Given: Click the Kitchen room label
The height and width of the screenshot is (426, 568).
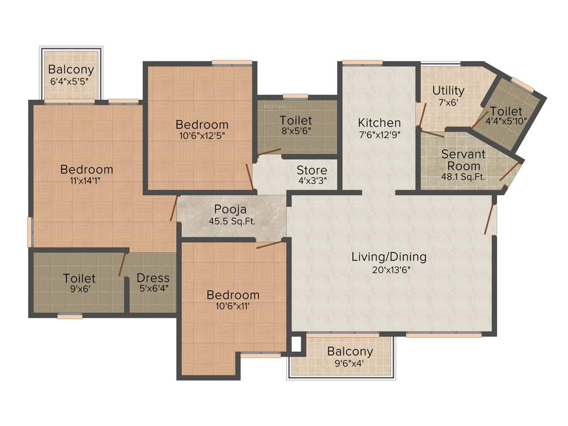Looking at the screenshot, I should point(379,123).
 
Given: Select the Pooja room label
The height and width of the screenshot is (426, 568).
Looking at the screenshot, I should point(230,210).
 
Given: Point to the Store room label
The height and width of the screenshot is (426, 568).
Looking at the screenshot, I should point(311,170).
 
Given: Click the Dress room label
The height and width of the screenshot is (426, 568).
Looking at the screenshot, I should point(153,278).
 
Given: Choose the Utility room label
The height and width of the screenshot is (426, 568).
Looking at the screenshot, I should point(448,90).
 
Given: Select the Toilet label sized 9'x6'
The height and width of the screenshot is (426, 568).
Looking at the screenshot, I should point(79,278).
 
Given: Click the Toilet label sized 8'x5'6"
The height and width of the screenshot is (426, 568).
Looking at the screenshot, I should point(296,120).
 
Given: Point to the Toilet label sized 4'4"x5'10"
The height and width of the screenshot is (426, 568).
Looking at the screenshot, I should point(506,111).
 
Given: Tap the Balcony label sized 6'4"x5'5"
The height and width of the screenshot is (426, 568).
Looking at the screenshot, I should point(70,70).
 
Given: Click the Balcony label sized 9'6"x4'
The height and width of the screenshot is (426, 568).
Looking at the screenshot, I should point(349,352).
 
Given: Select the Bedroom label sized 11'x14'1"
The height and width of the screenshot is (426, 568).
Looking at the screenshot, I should point(87,169).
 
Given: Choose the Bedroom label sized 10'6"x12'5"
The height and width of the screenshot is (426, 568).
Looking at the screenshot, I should point(202,124).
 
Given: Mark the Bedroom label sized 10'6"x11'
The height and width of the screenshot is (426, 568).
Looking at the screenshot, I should point(233,295).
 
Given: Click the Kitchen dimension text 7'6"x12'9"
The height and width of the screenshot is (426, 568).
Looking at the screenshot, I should point(379,134).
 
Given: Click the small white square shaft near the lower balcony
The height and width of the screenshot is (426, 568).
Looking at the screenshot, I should point(296,344).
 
